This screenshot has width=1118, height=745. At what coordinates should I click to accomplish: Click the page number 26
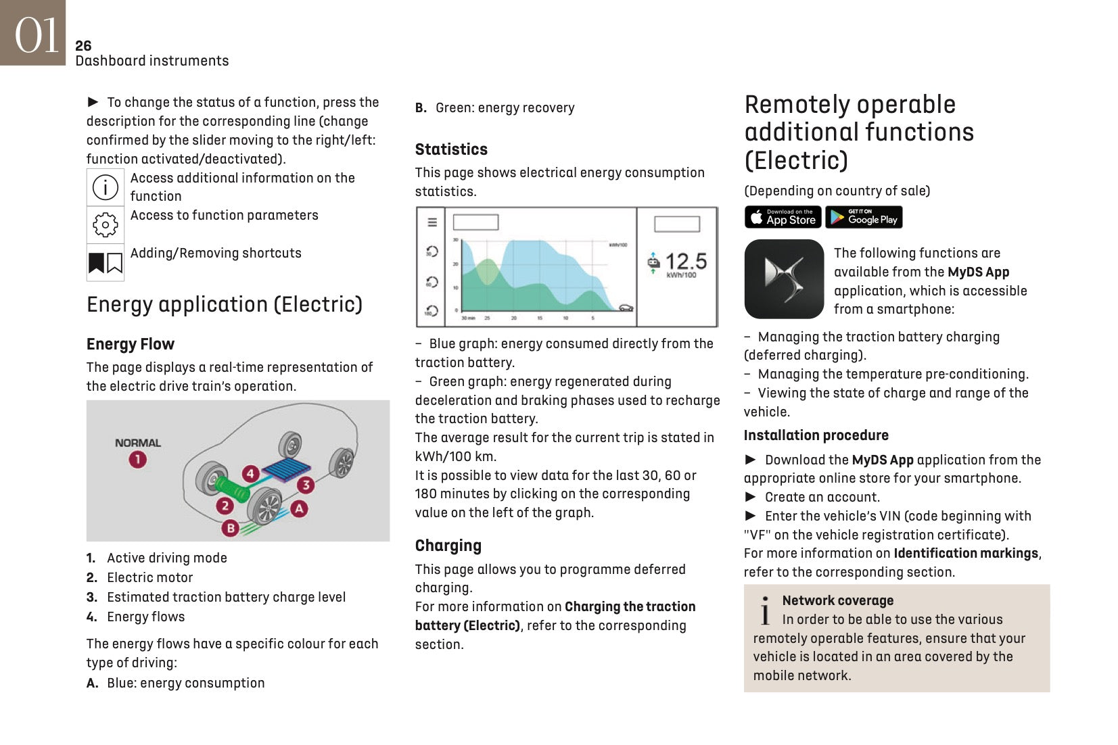tap(83, 46)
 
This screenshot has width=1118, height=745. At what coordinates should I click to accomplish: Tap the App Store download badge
tap(783, 217)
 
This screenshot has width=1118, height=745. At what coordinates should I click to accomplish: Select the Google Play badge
tap(864, 217)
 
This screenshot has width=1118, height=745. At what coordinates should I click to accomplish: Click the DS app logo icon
tap(784, 279)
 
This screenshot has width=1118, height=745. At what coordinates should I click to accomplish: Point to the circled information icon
tap(106, 187)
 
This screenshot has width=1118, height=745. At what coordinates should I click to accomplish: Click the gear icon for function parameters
tap(106, 224)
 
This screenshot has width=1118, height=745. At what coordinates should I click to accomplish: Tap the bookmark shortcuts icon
tap(106, 262)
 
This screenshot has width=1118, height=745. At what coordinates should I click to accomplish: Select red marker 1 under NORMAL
tap(137, 460)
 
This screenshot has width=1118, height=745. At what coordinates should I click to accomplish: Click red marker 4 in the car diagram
tap(250, 473)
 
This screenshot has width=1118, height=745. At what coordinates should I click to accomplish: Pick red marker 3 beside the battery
tap(306, 485)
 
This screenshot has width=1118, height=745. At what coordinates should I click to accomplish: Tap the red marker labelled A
tap(299, 508)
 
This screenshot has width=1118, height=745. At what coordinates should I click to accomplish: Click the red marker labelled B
tap(231, 528)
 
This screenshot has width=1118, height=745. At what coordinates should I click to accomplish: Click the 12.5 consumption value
tap(685, 262)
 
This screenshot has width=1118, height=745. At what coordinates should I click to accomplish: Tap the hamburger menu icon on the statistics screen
tap(432, 222)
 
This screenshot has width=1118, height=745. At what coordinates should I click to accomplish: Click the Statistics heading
tap(451, 149)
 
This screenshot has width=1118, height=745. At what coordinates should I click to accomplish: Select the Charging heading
tap(448, 546)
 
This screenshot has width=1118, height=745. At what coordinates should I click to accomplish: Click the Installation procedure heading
tap(816, 435)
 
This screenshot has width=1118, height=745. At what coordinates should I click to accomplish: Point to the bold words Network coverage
tap(837, 600)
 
